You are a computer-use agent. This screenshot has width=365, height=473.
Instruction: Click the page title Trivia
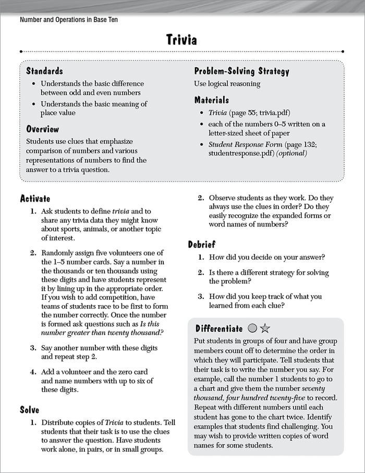click(x=182, y=40)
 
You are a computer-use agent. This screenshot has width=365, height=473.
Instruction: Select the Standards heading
click(x=44, y=71)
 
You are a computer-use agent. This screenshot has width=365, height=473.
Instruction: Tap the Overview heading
click(x=43, y=129)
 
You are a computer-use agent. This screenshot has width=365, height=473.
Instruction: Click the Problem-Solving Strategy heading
click(x=241, y=71)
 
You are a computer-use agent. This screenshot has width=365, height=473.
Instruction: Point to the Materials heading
click(x=212, y=100)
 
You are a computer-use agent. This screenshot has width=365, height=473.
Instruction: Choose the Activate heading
click(x=35, y=198)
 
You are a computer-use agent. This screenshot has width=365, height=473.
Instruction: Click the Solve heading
click(x=30, y=410)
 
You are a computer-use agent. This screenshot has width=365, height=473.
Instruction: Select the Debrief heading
click(x=202, y=244)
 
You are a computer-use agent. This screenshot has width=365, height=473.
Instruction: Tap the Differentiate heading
click(x=219, y=329)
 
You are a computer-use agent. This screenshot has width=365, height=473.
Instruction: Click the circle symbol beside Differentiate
click(x=252, y=329)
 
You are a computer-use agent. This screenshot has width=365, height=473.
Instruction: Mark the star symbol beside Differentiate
click(x=264, y=329)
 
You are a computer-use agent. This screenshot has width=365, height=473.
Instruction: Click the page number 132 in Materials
click(x=316, y=144)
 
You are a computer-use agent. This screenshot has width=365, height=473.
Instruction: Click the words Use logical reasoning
click(x=227, y=83)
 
